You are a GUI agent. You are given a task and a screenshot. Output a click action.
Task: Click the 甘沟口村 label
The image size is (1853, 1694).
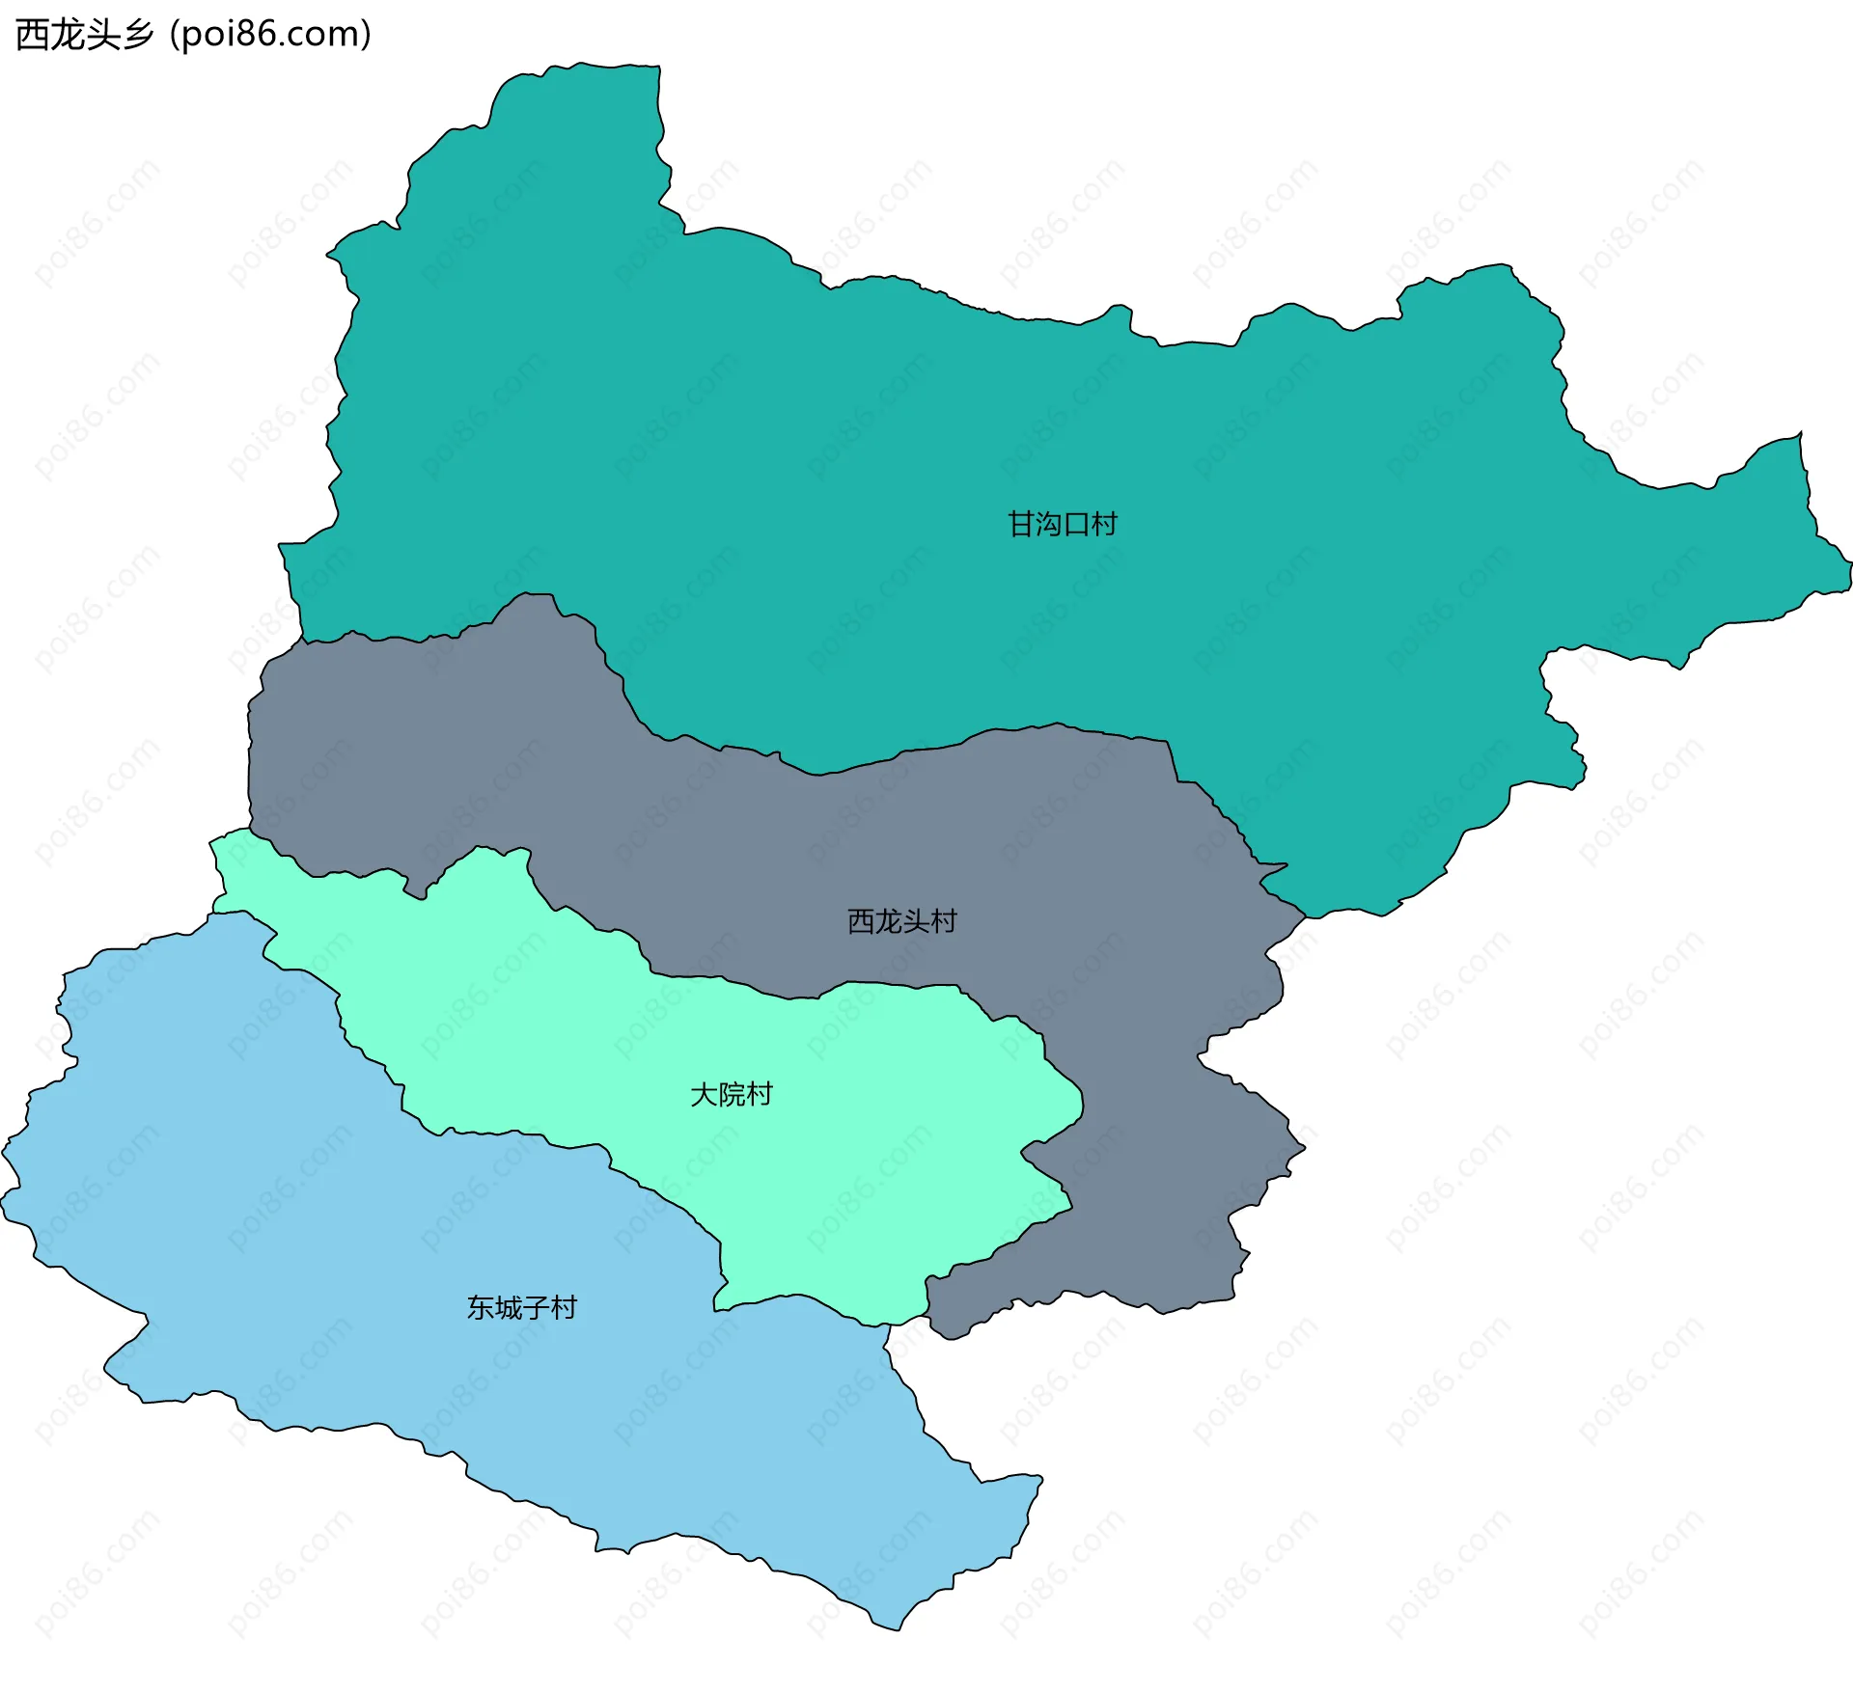(x=1062, y=524)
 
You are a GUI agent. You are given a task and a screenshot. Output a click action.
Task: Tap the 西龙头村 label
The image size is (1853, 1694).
(x=901, y=921)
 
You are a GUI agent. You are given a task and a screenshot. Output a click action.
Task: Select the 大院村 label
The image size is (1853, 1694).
(x=732, y=1094)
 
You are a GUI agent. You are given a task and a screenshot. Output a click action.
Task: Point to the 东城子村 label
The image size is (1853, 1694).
(x=521, y=1307)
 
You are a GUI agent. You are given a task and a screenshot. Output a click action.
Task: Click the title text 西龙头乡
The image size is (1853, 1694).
(x=85, y=35)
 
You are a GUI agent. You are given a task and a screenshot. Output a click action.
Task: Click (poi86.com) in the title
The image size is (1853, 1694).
(x=270, y=35)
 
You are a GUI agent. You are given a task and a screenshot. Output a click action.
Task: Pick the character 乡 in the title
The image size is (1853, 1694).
(x=138, y=35)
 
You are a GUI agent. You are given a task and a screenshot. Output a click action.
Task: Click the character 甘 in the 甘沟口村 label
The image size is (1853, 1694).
(x=1021, y=524)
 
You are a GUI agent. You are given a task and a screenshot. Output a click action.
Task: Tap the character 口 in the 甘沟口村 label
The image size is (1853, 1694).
(x=1076, y=524)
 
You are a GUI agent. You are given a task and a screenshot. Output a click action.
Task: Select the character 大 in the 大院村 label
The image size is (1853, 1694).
(x=704, y=1094)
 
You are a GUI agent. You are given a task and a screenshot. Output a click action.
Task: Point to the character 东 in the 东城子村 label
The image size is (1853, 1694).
(x=480, y=1307)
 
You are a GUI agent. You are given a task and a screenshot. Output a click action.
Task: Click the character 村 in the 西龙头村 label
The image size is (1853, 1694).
(x=943, y=921)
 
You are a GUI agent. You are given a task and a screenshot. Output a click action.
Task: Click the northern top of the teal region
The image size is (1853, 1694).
(x=618, y=66)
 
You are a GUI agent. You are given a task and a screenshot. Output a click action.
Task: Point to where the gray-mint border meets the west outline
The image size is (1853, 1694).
(x=250, y=828)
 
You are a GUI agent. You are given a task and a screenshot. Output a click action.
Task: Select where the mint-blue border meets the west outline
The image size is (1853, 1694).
(x=213, y=912)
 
